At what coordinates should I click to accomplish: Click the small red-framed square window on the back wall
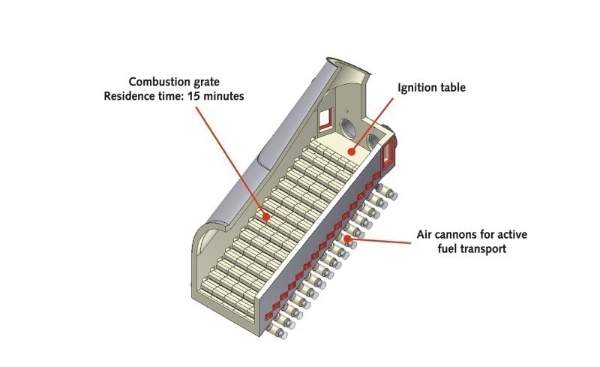(325, 117)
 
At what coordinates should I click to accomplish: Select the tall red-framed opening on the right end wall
(390, 156)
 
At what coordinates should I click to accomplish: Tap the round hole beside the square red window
(350, 125)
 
